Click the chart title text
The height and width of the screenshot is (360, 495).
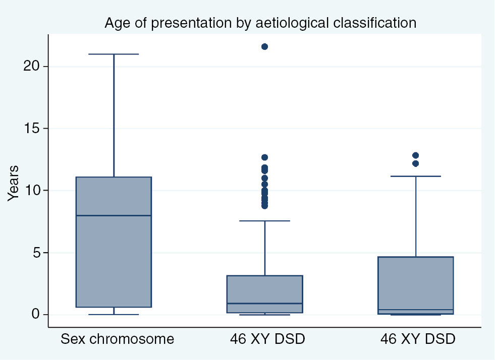[x=260, y=23]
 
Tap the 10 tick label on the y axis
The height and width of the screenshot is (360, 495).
[x=31, y=190]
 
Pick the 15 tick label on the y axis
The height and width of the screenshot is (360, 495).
[x=31, y=128]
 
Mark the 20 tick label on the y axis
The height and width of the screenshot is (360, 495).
[x=31, y=66]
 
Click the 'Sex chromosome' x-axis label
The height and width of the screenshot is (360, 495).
[x=117, y=339]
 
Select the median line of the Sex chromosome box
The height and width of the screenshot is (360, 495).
[x=114, y=215]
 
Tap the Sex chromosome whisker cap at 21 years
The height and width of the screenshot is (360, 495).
[x=114, y=54]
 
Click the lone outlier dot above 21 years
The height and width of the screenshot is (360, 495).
[x=264, y=46]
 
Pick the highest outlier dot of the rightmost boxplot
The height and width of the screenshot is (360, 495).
[x=415, y=155]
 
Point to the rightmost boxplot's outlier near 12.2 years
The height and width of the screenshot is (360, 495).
[x=415, y=163]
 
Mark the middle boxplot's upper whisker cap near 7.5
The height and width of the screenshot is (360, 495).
[x=264, y=221]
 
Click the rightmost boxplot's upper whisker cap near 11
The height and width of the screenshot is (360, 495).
[x=415, y=176]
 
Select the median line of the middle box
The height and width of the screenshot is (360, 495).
[x=264, y=304]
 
